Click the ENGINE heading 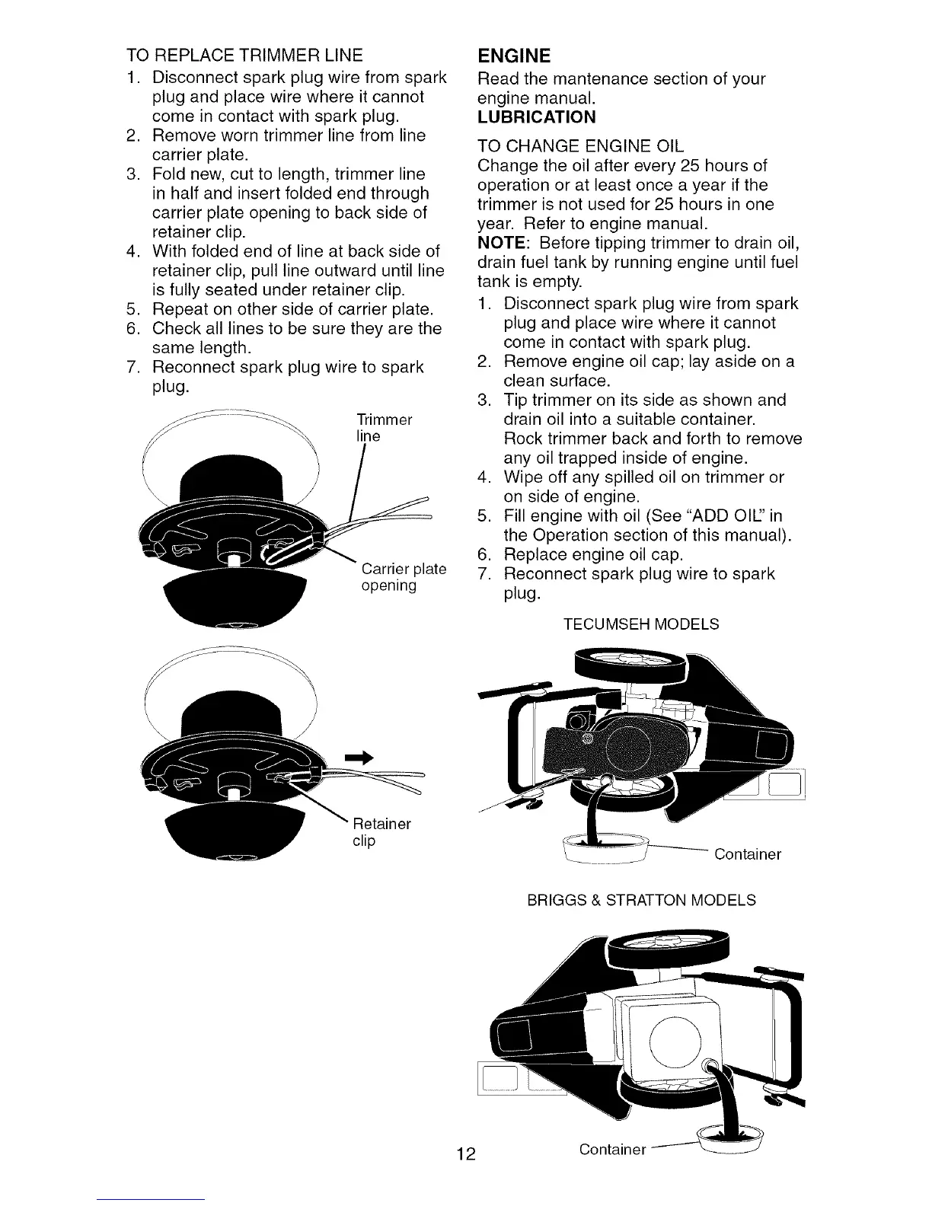click(513, 56)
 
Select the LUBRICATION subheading click(536, 117)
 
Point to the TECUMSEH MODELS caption click(641, 624)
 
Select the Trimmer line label click(384, 429)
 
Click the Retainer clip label click(380, 832)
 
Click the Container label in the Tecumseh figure click(747, 854)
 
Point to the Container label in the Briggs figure click(612, 1148)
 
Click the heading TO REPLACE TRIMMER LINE click(244, 56)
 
